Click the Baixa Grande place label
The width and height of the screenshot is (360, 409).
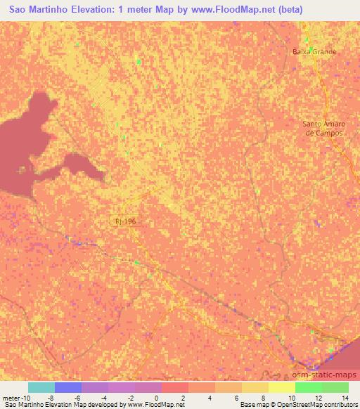tap(314, 51)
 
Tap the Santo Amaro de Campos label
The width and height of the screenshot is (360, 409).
tap(322, 128)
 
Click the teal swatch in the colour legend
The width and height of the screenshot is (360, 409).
tap(41, 387)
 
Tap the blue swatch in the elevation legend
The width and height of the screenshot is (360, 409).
tap(68, 387)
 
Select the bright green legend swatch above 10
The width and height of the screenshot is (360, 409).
tap(309, 387)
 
